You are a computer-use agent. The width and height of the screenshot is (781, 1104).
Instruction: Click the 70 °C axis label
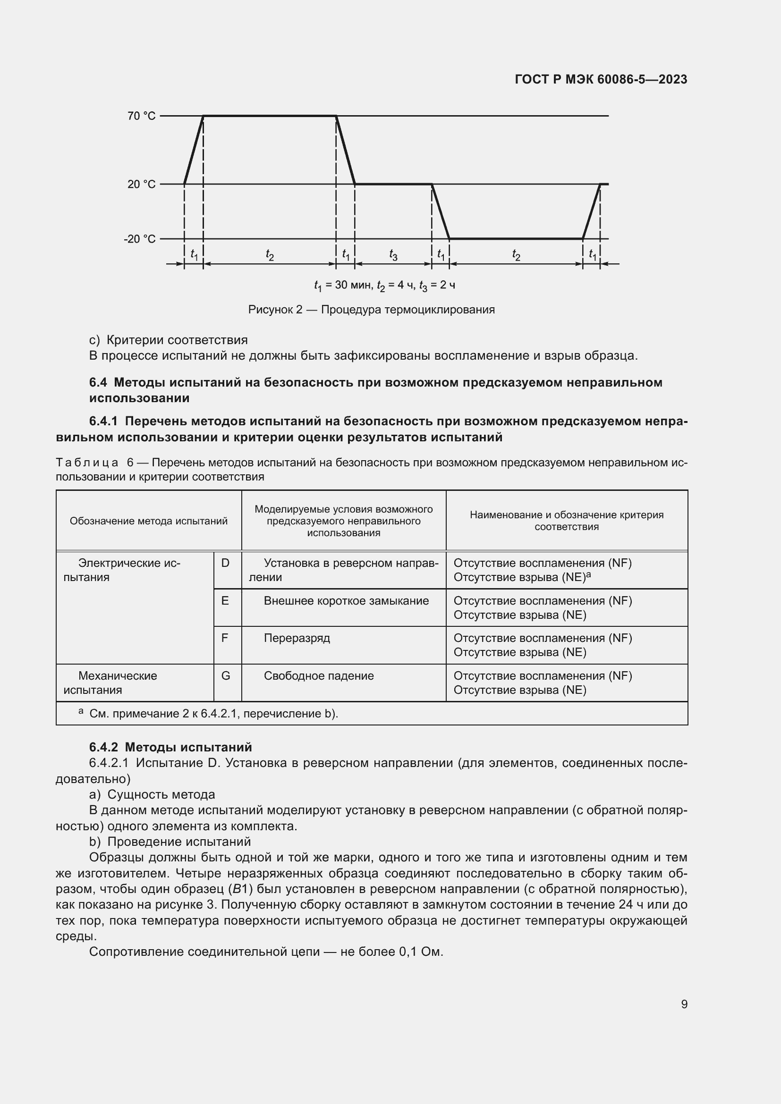tap(141, 116)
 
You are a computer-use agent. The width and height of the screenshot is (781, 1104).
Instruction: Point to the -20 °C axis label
tap(139, 239)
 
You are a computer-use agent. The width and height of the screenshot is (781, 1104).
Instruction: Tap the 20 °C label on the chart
tap(141, 184)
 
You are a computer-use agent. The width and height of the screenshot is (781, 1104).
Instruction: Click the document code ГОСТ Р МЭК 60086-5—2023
tap(601, 79)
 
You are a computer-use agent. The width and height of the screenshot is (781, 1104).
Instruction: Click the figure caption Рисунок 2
tap(371, 310)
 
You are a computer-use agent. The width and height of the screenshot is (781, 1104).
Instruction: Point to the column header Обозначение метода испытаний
tap(149, 521)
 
